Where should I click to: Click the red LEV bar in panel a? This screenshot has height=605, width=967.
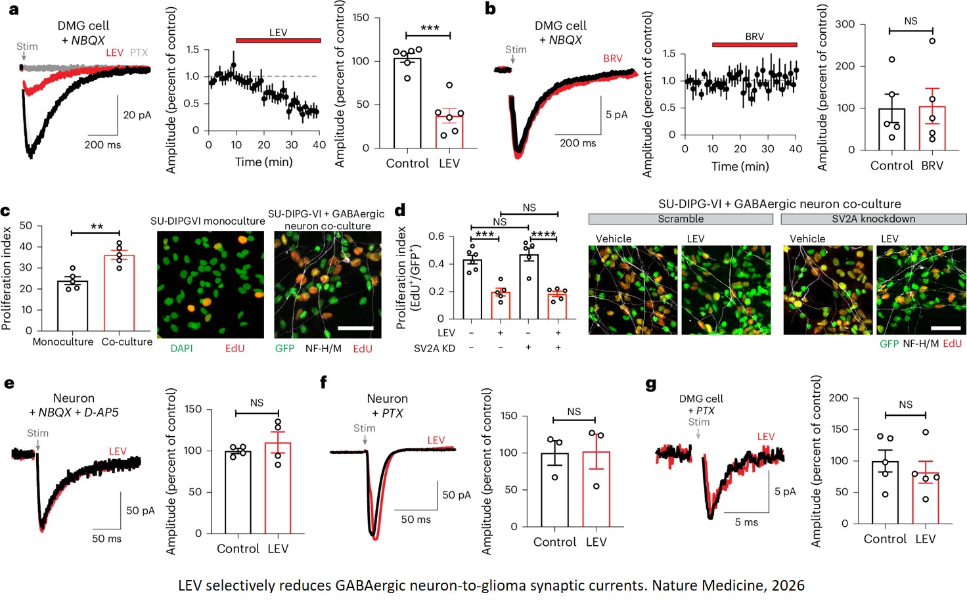(x=449, y=132)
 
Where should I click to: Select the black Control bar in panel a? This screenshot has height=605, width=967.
(x=407, y=103)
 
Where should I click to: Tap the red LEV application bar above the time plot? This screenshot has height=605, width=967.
(x=278, y=41)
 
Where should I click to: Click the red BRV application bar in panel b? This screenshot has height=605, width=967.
(x=754, y=45)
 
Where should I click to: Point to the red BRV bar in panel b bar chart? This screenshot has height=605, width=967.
(x=932, y=128)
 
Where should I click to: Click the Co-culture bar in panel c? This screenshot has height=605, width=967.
(x=119, y=293)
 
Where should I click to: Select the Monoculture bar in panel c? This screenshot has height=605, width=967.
(x=72, y=306)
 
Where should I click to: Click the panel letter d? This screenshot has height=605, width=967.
(x=400, y=211)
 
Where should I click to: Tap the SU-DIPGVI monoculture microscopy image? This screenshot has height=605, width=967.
(x=210, y=285)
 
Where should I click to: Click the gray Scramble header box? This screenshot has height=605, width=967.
(x=681, y=219)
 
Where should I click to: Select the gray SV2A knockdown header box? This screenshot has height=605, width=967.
(x=873, y=219)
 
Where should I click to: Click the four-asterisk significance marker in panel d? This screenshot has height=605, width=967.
(x=543, y=235)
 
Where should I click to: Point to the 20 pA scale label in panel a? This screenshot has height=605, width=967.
(x=137, y=115)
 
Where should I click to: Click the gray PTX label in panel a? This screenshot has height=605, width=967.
(x=139, y=53)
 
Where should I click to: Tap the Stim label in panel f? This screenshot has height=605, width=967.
(x=365, y=428)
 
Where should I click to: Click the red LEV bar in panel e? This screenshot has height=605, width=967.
(x=278, y=488)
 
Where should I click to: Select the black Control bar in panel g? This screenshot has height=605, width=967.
(x=885, y=493)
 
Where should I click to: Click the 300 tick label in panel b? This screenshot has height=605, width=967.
(x=845, y=24)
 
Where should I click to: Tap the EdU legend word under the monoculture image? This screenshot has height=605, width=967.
(x=235, y=348)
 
